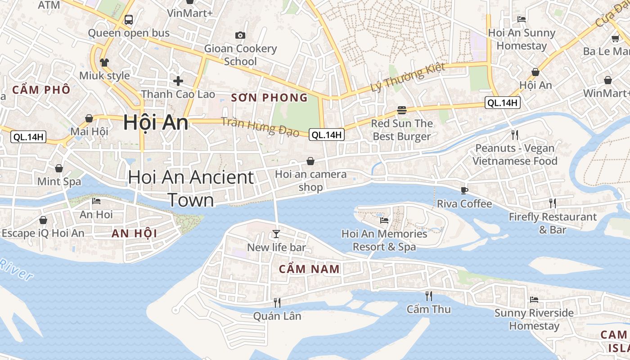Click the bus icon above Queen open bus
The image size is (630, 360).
(129, 20)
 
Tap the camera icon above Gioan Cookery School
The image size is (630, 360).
(240, 35)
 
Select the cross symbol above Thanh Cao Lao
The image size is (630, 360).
(178, 81)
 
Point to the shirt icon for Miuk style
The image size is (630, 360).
(104, 62)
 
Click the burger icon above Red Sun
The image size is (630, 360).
(402, 110)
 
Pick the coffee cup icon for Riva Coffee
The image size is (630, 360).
(464, 190)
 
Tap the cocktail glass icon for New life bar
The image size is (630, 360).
(276, 234)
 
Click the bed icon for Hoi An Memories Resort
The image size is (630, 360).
(384, 220)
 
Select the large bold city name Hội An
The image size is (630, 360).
(156, 122)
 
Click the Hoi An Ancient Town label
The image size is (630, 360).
(191, 189)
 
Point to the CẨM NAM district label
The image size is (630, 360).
(309, 269)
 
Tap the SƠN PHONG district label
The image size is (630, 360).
(269, 98)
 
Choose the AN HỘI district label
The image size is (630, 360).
(134, 233)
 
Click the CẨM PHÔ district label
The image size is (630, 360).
(41, 90)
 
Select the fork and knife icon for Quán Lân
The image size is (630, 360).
(277, 302)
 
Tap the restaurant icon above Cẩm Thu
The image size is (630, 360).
(429, 296)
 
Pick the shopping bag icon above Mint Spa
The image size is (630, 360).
(59, 168)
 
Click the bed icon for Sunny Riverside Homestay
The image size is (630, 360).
(534, 299)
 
